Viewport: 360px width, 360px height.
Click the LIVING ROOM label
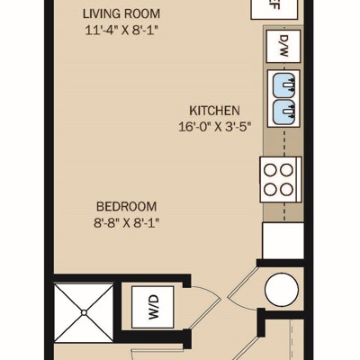coord(121,14)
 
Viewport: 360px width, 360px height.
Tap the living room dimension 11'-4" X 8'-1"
coord(121,31)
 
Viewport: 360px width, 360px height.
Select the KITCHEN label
coord(214,111)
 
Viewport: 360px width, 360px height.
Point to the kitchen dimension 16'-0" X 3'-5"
coord(214,127)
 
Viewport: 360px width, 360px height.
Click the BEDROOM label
coord(127,207)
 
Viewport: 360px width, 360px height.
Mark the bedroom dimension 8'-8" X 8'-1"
coord(126,223)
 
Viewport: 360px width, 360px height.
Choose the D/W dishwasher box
coord(283,46)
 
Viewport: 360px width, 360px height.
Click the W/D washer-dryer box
coord(153,307)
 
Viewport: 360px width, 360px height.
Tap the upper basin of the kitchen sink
coord(284,85)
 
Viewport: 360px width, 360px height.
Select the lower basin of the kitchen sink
coord(284,111)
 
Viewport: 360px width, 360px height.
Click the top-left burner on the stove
coord(270,170)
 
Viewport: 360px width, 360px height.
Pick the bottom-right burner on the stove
coord(286,190)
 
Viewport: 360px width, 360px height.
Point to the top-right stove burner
coord(286,170)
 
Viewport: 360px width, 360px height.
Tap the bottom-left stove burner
coord(270,190)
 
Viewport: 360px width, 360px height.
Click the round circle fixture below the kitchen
coord(282,290)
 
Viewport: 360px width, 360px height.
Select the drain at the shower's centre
coord(84,313)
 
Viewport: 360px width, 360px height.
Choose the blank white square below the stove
coord(283,240)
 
